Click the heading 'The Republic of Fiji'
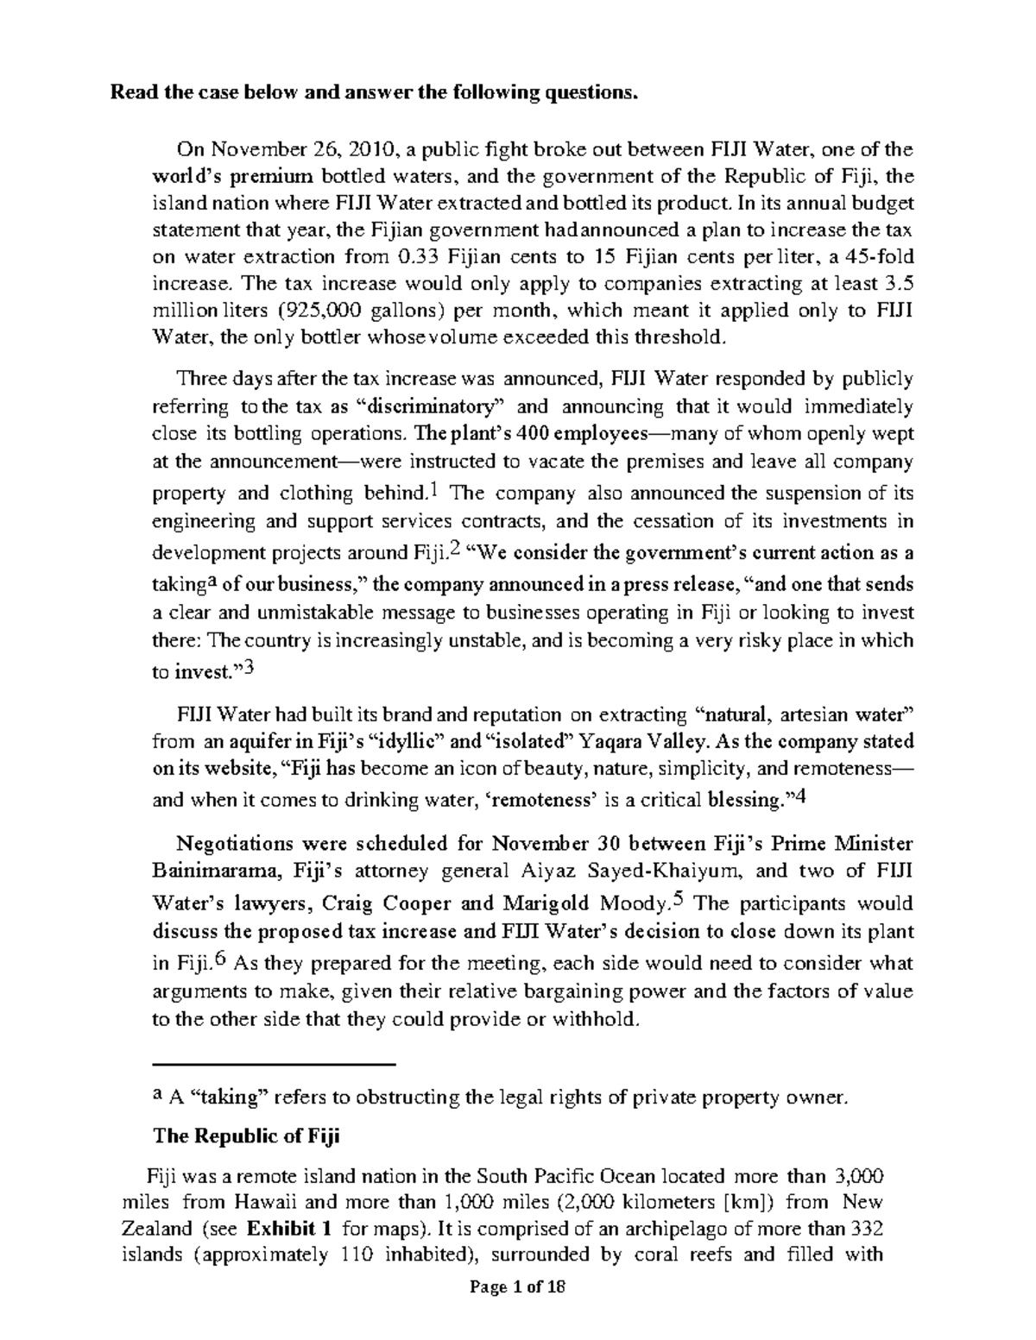[246, 1136]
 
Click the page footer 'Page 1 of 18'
[517, 1312]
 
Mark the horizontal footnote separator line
[273, 1065]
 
